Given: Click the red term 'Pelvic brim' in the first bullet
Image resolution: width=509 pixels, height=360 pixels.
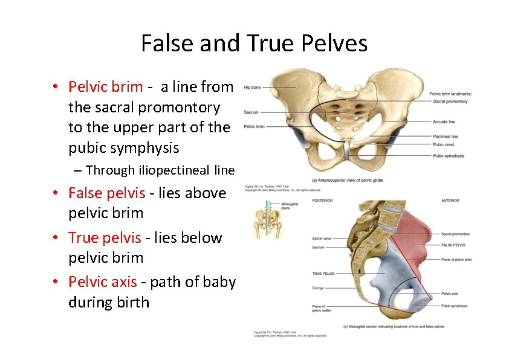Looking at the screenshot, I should click(x=106, y=87).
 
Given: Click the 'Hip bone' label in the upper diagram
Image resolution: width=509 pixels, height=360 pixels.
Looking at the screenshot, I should click(x=252, y=88).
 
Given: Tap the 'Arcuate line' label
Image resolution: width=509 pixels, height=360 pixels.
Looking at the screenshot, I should click(x=444, y=121).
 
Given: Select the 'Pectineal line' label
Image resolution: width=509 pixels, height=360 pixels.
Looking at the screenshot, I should click(x=446, y=137).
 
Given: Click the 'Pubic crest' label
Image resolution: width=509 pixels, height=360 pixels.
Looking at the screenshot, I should click(x=444, y=144).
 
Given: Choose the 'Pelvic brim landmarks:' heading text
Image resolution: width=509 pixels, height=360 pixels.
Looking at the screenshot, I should click(x=451, y=94).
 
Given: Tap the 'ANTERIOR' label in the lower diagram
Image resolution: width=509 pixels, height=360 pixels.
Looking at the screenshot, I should click(x=450, y=201).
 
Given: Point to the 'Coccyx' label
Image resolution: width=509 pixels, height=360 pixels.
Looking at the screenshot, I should click(x=319, y=288).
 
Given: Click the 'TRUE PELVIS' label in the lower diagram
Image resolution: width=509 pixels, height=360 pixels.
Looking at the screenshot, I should click(x=323, y=274).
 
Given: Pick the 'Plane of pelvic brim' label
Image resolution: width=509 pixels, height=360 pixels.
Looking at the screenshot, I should click(x=456, y=260).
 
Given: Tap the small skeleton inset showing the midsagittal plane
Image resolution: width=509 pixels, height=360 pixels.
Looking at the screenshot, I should click(x=264, y=220).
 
